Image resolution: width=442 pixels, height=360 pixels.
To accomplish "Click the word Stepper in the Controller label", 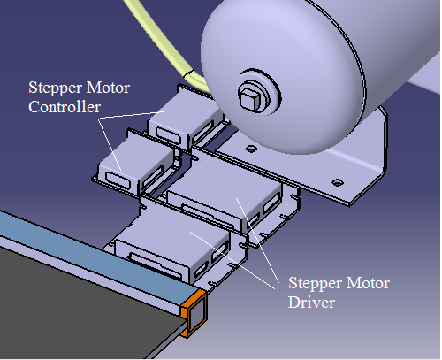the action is [x=55, y=88].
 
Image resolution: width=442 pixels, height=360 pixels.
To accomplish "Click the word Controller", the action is [x=65, y=107].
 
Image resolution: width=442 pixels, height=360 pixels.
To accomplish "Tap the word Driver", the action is [x=311, y=303].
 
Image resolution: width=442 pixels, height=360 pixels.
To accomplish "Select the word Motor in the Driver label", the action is [x=368, y=283].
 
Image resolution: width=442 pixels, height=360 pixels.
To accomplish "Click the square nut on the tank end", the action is [x=250, y=97].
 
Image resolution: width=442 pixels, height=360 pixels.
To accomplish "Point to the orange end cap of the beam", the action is [x=194, y=313].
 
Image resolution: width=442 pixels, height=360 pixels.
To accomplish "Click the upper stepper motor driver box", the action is [x=227, y=192].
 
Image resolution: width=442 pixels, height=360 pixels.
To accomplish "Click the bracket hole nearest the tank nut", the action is [x=251, y=149].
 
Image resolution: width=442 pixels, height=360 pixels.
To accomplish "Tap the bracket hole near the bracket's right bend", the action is [x=338, y=182].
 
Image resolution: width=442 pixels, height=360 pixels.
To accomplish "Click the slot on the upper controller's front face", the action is [x=168, y=135].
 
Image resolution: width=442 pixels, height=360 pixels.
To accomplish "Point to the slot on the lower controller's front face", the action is [x=118, y=180].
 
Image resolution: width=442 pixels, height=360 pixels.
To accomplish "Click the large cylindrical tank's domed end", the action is [x=283, y=77].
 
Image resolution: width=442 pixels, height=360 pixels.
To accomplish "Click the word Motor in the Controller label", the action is [x=109, y=88].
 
